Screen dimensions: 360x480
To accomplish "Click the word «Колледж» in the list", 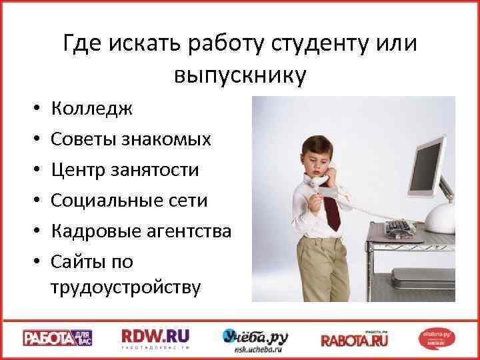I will pos(91,108).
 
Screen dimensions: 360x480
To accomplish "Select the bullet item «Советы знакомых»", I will pos(131,139).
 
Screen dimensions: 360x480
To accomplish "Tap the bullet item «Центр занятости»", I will pos(124,170).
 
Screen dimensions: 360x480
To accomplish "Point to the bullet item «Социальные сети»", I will pos(129,201).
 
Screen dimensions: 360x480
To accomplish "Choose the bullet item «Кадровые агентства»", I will pos(141,231).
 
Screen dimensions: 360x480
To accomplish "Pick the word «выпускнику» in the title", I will pos(240,75).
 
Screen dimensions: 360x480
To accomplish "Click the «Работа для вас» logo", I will pos(58,337).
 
